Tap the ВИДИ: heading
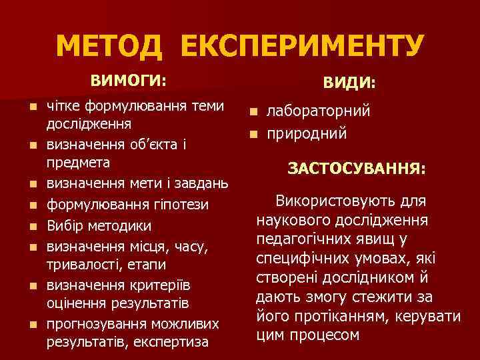click(x=349, y=83)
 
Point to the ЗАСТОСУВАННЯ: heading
click(x=356, y=169)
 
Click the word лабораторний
click(x=319, y=111)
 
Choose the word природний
click(x=307, y=133)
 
